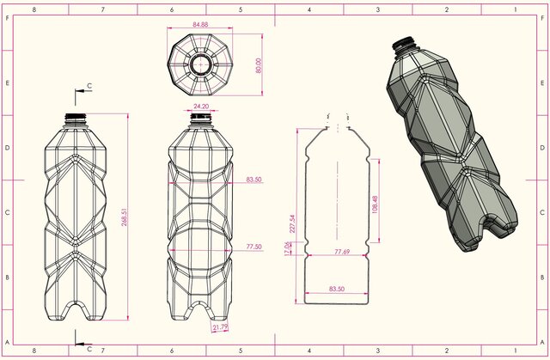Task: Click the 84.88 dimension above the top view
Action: point(200,24)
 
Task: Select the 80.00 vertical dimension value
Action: point(259,65)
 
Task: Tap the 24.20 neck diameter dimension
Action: point(201,107)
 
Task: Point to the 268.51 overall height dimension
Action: point(125,212)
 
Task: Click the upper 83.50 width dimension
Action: point(254,180)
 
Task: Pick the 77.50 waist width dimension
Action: point(254,247)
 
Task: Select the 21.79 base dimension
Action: point(220,326)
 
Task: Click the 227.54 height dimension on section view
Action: point(294,223)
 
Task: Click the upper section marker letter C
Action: point(90,88)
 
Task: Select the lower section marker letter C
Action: point(89,348)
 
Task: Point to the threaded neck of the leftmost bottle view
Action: point(76,118)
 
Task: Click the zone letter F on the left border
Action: point(5,18)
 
